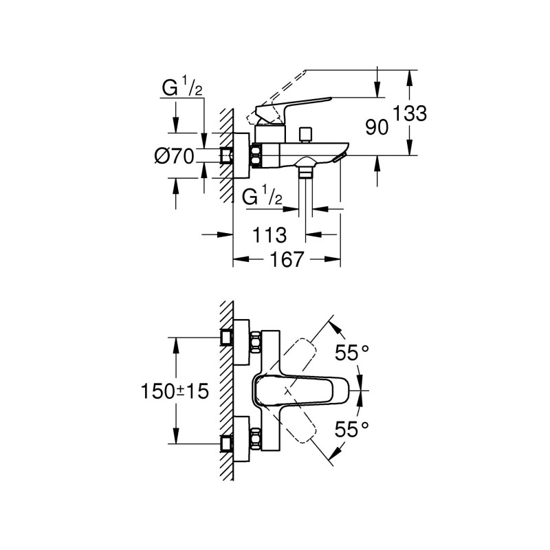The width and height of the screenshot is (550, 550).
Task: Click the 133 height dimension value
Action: (x=411, y=113)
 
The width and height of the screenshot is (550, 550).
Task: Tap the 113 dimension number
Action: (x=269, y=235)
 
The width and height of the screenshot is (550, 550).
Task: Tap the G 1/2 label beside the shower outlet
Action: (x=263, y=197)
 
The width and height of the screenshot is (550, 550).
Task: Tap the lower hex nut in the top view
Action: (x=256, y=439)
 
